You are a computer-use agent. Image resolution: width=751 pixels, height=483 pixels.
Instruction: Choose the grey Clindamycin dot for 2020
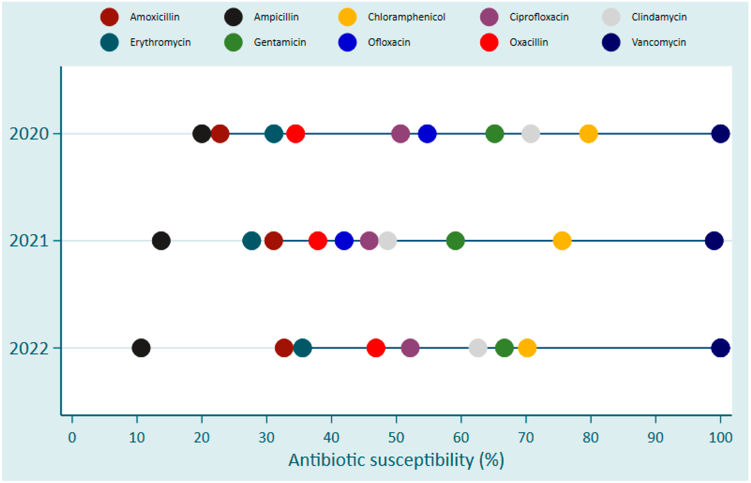click(x=530, y=134)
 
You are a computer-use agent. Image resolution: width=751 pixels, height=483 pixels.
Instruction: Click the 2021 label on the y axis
click(x=29, y=241)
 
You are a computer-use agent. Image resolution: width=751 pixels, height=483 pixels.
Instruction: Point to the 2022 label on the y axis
click(x=29, y=348)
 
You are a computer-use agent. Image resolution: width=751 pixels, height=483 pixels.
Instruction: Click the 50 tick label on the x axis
click(x=396, y=437)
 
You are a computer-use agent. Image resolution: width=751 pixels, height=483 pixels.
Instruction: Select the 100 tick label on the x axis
click(x=720, y=437)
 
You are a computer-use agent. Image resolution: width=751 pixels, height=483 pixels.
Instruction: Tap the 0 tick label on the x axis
click(x=72, y=437)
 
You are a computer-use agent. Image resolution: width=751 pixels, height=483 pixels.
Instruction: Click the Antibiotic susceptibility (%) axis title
click(x=396, y=460)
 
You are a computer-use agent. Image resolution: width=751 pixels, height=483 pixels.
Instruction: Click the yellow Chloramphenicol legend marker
click(x=347, y=17)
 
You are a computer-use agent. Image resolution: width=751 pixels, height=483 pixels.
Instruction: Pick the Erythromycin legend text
click(x=160, y=42)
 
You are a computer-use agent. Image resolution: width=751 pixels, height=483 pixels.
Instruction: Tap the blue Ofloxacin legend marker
click(x=347, y=42)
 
